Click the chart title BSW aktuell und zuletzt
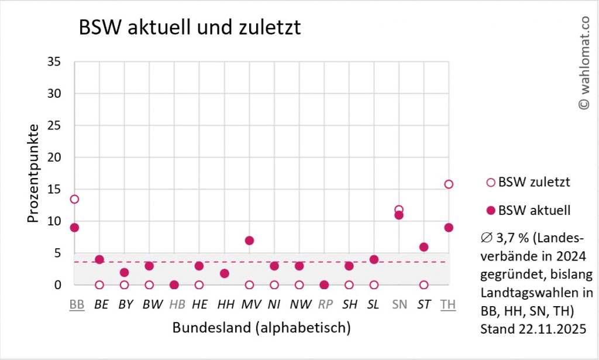(x=190, y=28)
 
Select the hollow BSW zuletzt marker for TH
(x=449, y=184)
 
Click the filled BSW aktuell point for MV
(x=249, y=241)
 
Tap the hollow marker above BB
(x=74, y=199)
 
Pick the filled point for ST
(x=424, y=247)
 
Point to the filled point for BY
(x=124, y=272)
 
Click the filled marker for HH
(x=224, y=273)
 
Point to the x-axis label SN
(x=399, y=304)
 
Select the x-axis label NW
(x=299, y=304)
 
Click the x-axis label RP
(x=324, y=304)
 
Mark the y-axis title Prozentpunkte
(x=33, y=173)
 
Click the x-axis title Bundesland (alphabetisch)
(x=261, y=328)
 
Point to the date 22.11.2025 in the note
(x=553, y=328)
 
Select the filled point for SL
(x=374, y=259)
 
